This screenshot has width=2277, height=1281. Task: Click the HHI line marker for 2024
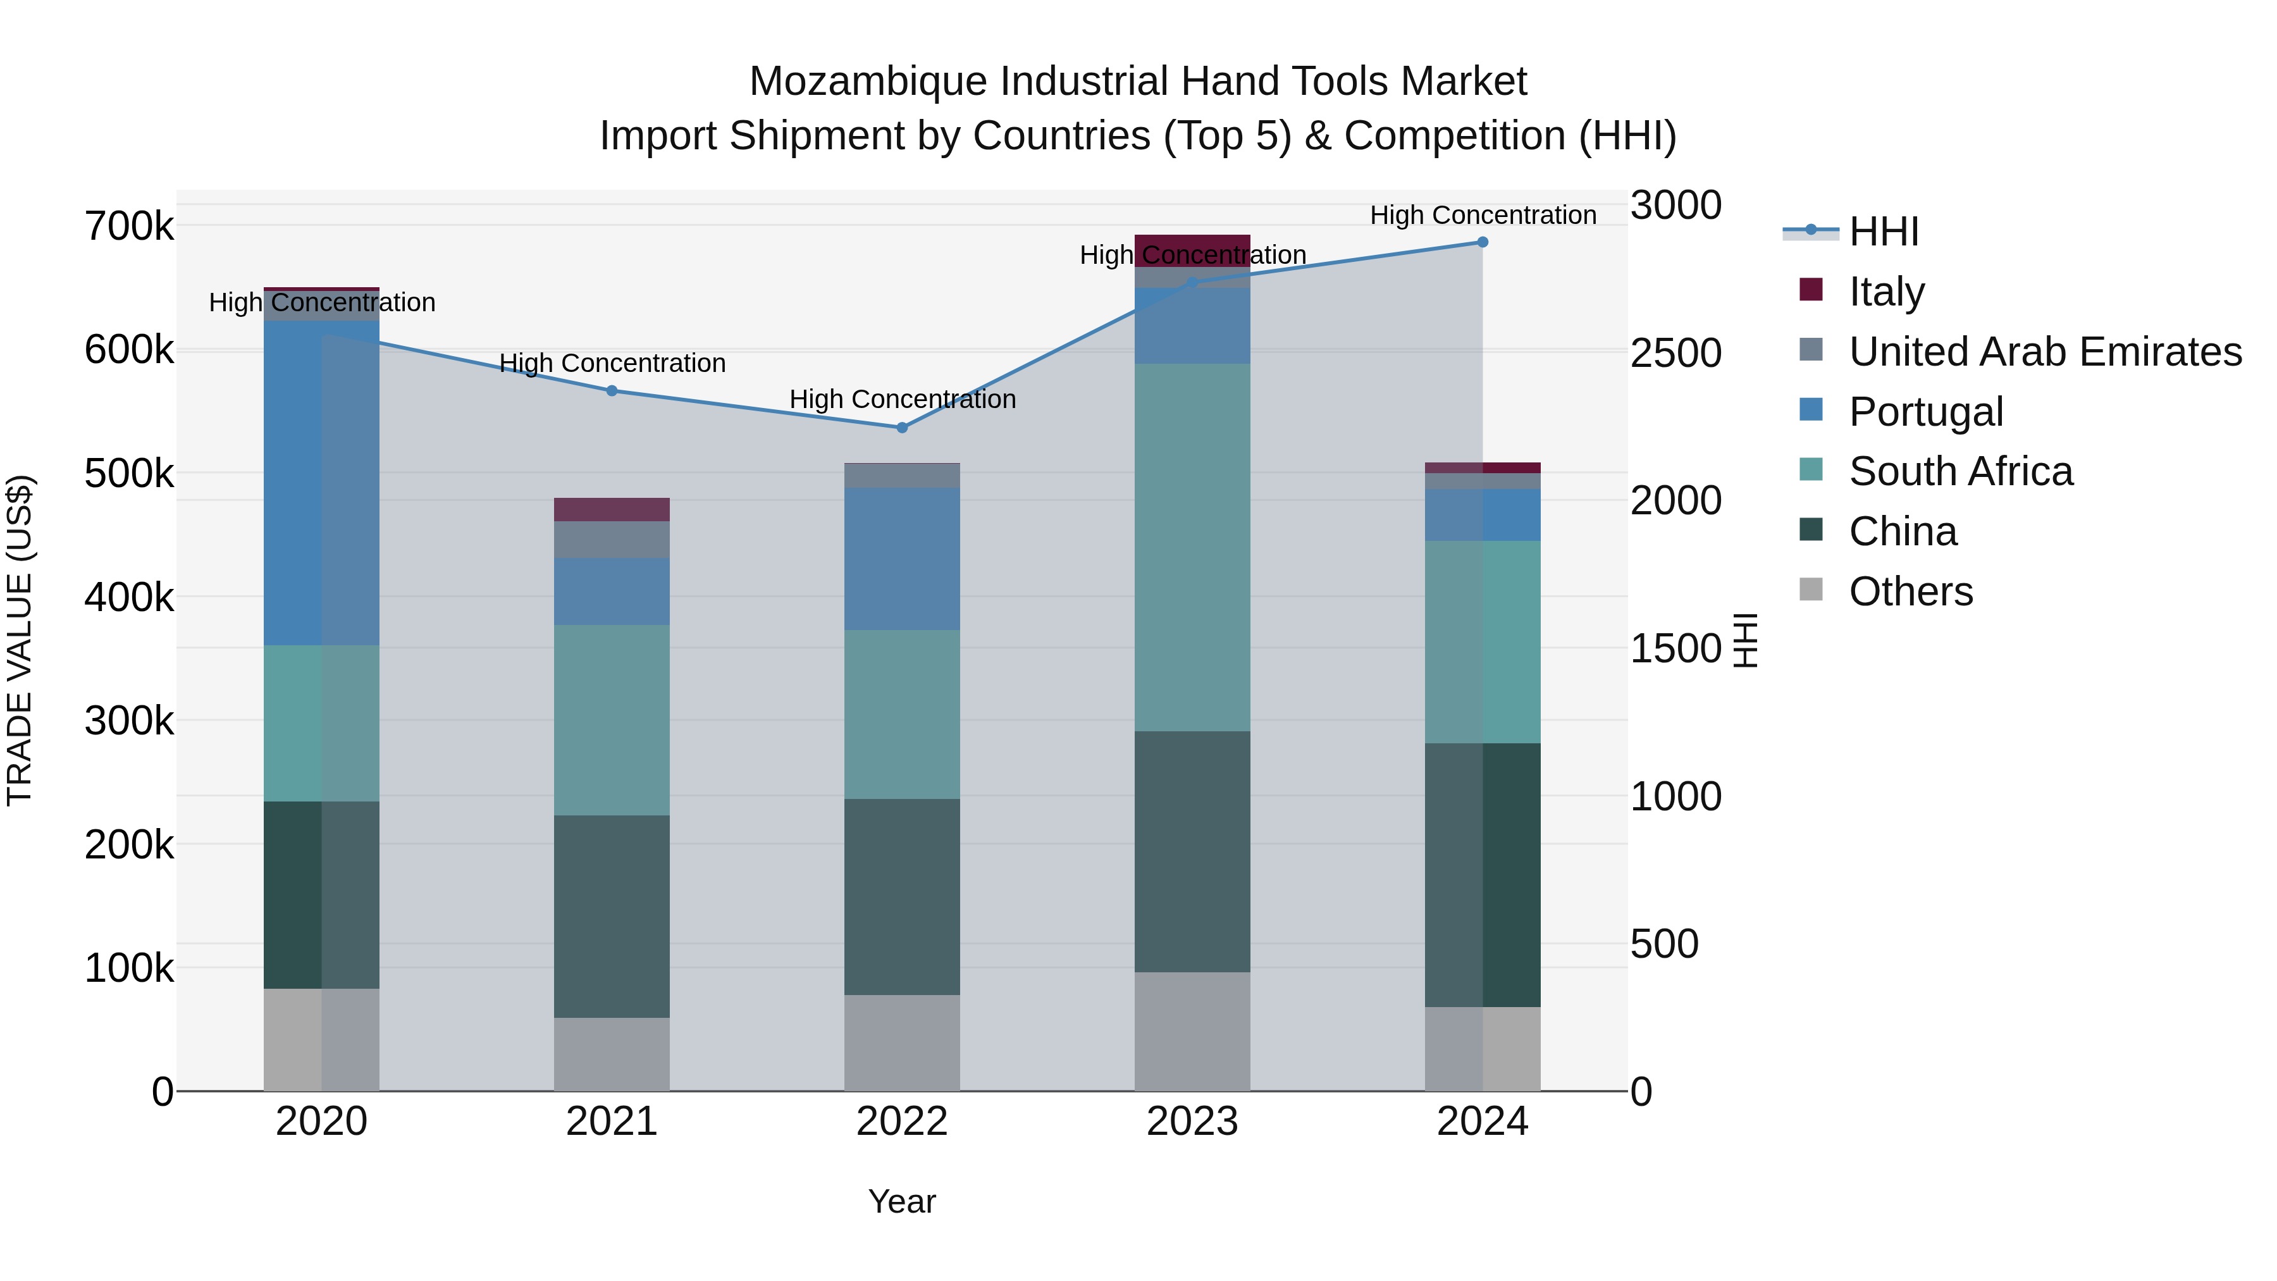click(x=1483, y=242)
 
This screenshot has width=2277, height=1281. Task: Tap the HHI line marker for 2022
click(x=901, y=428)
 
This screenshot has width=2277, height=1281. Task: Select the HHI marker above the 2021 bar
click(x=612, y=391)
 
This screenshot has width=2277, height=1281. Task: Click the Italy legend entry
click(x=1885, y=291)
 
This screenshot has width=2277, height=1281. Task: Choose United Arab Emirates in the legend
click(x=2044, y=351)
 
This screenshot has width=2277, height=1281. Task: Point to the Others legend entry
click(x=1910, y=591)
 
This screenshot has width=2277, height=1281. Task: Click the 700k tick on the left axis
click(x=129, y=226)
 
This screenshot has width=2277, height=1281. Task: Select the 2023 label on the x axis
click(x=1192, y=1122)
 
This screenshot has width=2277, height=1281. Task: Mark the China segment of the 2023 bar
click(x=1192, y=851)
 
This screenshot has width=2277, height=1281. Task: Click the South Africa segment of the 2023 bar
click(x=1192, y=547)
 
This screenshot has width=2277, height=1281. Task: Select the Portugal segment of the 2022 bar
click(x=901, y=559)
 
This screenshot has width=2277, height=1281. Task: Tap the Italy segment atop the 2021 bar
click(x=612, y=509)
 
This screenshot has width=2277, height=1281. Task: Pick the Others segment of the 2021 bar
click(x=612, y=1054)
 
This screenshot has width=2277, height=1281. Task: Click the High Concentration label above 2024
click(x=1483, y=215)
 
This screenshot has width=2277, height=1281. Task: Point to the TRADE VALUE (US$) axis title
click(x=20, y=640)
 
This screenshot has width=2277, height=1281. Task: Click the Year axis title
click(x=901, y=1201)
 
